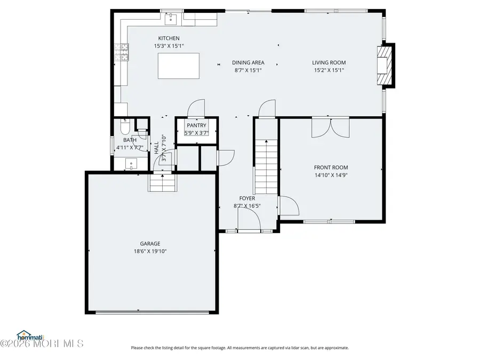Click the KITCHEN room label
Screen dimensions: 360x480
point(169,38)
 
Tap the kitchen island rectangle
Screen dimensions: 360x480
point(179,66)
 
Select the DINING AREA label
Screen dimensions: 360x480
point(248,62)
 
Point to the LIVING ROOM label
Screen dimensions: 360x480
point(329,62)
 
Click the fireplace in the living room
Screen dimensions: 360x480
point(386,65)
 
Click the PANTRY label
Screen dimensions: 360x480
point(196,125)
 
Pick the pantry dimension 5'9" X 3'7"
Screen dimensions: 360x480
point(196,133)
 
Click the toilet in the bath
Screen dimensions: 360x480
point(124,128)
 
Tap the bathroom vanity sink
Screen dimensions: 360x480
point(130,164)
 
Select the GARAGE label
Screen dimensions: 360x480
point(150,244)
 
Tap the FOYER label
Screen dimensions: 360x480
point(247,198)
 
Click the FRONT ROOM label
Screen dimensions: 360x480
point(331,167)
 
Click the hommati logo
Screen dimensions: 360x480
point(29,335)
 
